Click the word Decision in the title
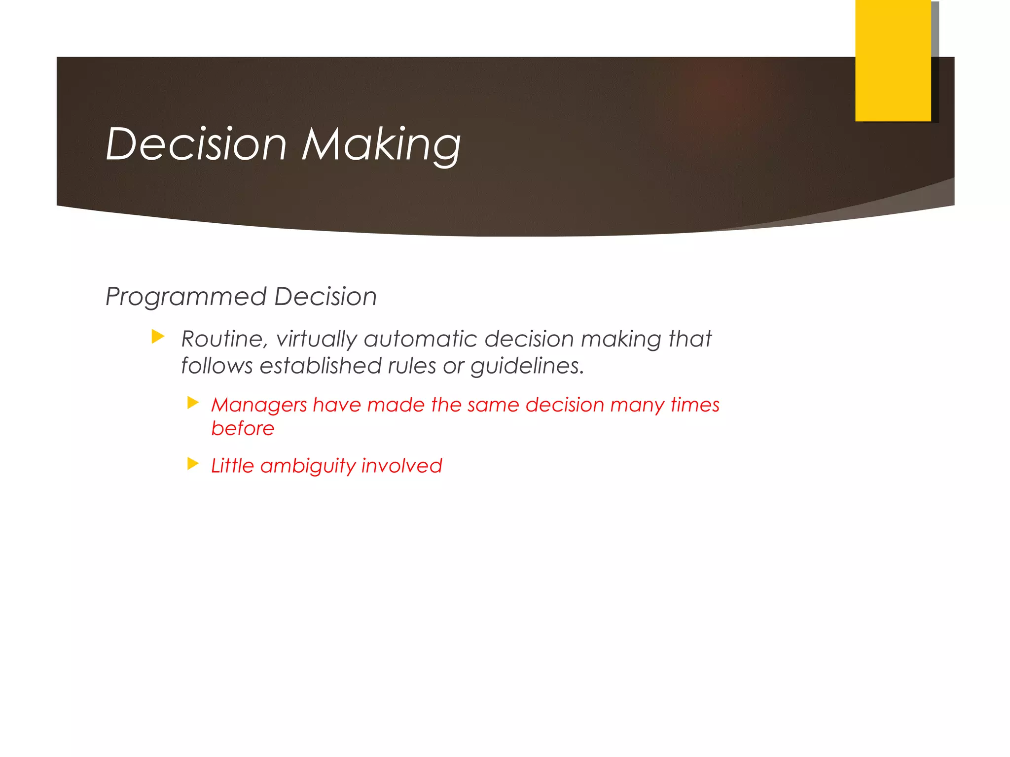196,144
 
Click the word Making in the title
381,144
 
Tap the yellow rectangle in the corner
893,60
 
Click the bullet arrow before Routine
158,337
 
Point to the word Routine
224,339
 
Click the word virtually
316,339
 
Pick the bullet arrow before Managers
193,403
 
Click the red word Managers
259,405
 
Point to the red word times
695,405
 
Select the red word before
243,428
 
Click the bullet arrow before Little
193,464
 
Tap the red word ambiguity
308,466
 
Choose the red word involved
401,466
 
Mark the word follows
217,366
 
